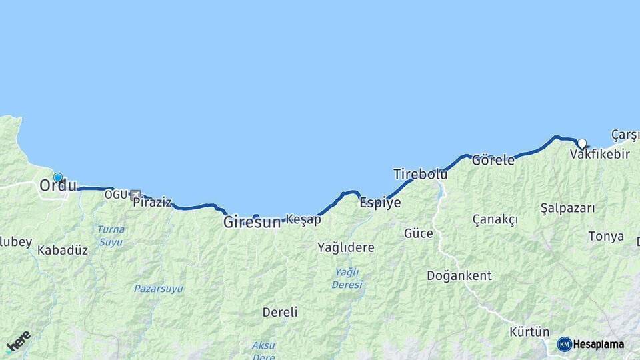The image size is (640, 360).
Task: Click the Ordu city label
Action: point(58,187)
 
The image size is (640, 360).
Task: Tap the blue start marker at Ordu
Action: point(58,178)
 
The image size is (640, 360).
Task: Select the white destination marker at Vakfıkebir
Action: point(582,143)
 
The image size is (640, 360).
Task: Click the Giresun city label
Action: point(252,223)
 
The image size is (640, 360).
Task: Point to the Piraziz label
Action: point(152,203)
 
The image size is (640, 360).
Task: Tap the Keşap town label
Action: point(303,219)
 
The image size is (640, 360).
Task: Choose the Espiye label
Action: point(380,203)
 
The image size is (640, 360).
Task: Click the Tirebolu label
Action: point(420,175)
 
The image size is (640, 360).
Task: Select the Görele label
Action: point(493,161)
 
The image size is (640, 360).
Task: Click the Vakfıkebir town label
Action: point(600,155)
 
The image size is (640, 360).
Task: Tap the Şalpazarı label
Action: point(568,208)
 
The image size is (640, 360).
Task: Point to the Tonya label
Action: point(606,236)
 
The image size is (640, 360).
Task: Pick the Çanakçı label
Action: point(495,220)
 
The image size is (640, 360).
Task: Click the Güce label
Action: point(418,233)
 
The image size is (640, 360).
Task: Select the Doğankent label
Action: point(459,275)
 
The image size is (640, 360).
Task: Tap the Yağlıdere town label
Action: point(346,247)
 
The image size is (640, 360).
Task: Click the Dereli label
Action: point(280,312)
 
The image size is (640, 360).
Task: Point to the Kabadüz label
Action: point(63,250)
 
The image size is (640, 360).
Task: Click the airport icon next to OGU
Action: point(135,195)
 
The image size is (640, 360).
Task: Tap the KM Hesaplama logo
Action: point(591,344)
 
